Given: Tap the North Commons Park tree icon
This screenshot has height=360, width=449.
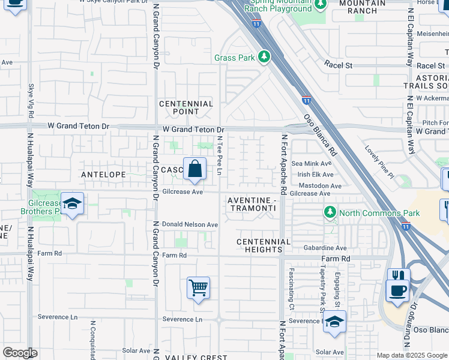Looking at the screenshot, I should tap(330, 212).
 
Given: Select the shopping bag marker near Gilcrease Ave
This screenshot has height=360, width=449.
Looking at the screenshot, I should tap(195, 170).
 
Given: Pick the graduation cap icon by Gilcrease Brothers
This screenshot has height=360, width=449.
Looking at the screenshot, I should tap(72, 204).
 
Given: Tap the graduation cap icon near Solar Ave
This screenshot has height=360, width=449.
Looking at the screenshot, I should tap(334, 322).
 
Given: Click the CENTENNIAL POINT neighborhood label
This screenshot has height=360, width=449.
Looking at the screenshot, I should tap(186, 107).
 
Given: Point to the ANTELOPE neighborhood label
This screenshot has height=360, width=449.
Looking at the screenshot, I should tap(104, 175).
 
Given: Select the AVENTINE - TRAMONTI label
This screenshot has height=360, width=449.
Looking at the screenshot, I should tap(252, 203).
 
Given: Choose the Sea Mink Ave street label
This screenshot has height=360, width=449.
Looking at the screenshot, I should tap(311, 163).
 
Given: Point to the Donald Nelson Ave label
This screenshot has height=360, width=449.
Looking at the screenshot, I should tap(190, 224).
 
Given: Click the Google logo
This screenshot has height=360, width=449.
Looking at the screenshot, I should tap(20, 353).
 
